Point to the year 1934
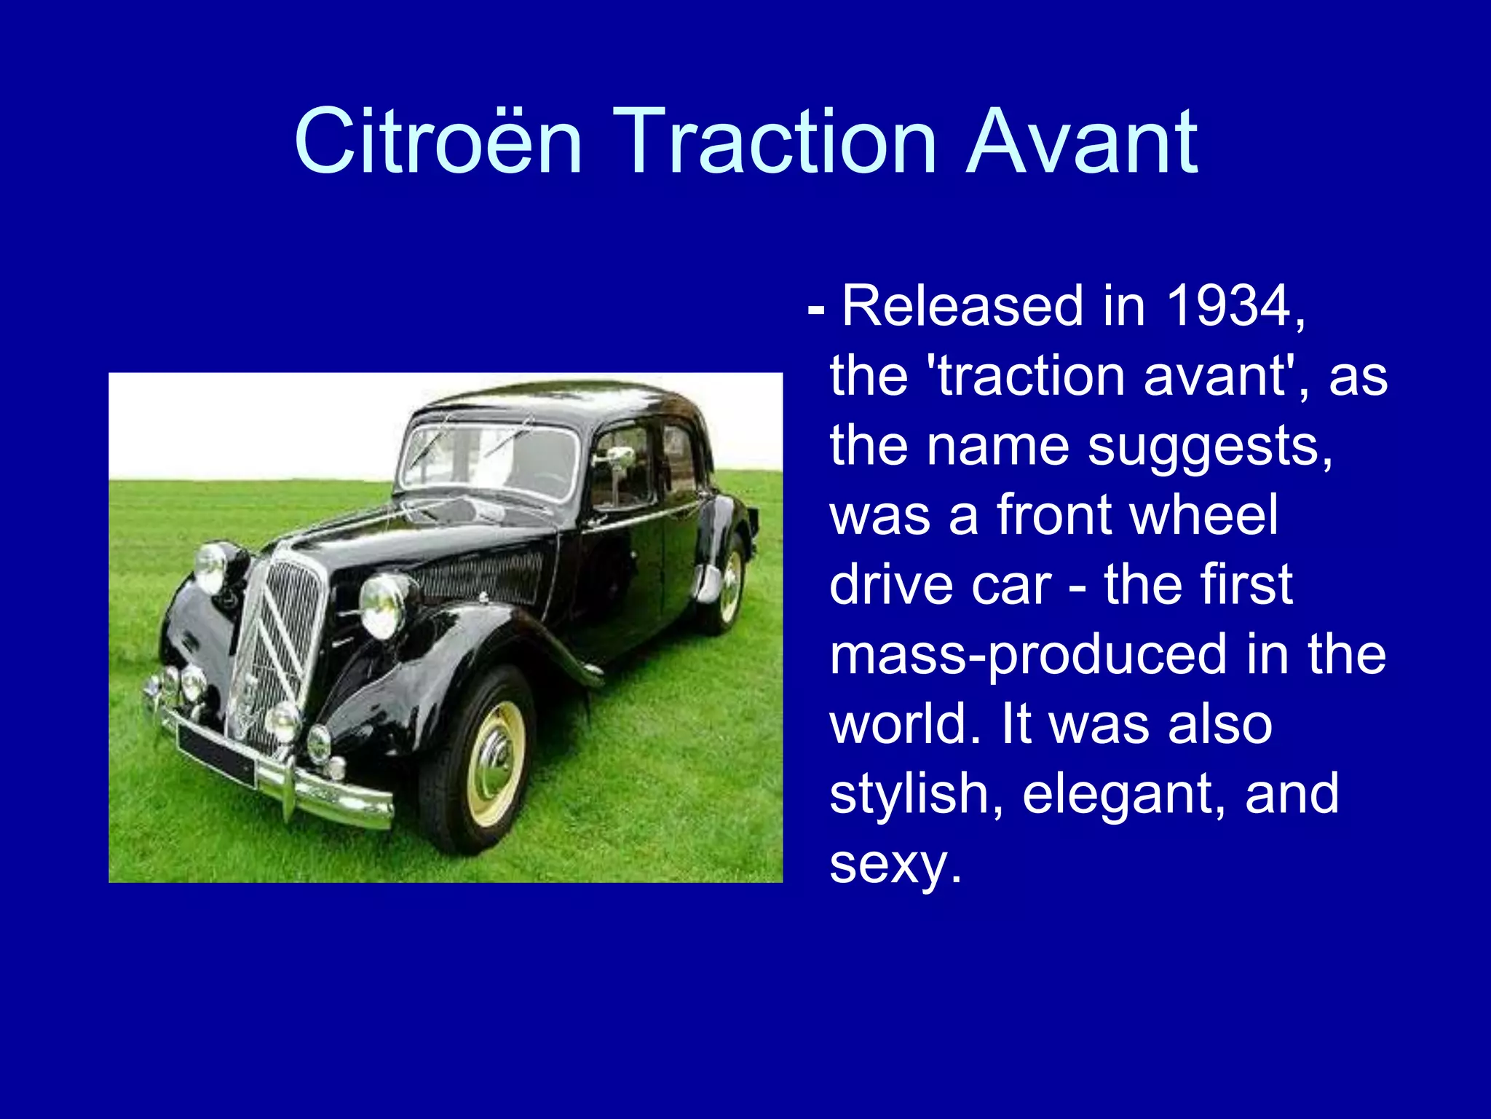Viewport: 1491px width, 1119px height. [x=1228, y=306]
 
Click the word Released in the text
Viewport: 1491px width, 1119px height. [x=962, y=306]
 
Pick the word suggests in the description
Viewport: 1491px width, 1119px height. [x=1210, y=445]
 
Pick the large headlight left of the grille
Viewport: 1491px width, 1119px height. [x=213, y=568]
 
